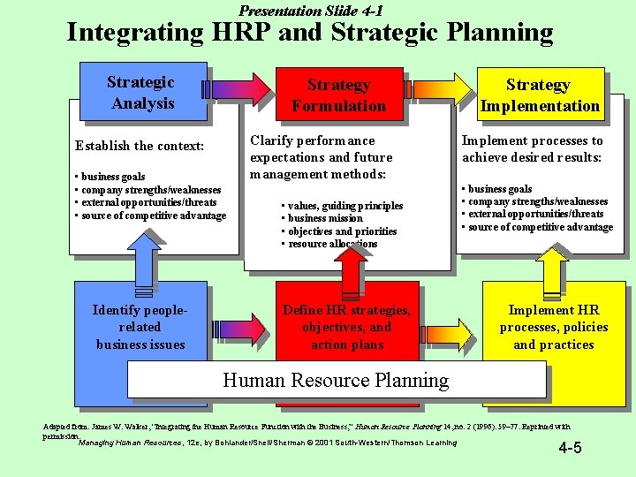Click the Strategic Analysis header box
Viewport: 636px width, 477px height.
142,93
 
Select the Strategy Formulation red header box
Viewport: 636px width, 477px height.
338,95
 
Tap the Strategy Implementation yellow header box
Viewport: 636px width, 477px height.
539,95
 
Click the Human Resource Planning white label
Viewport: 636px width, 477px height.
336,381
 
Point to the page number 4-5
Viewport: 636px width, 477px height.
570,448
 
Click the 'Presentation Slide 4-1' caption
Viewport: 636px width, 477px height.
311,11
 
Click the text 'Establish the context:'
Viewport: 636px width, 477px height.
140,146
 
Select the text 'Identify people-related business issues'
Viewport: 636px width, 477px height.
140,327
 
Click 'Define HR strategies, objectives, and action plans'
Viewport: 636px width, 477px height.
346,327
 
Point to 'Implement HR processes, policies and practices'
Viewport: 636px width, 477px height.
553,327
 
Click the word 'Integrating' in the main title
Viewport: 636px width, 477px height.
135,34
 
